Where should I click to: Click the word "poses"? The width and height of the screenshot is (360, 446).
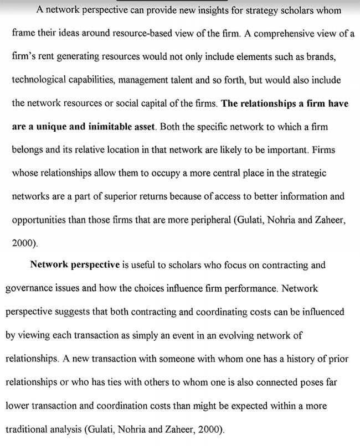click(x=318, y=382)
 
